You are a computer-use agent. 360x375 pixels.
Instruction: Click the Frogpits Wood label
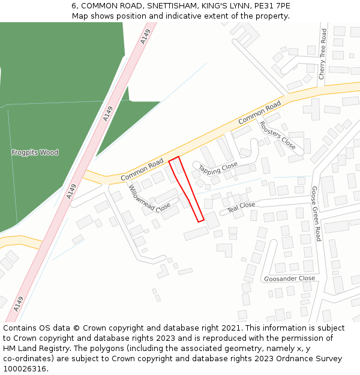pyautogui.click(x=35, y=152)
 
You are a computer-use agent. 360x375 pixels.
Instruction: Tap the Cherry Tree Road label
pyautogui.click(x=322, y=54)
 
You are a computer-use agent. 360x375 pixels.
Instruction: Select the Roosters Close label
pyautogui.click(x=277, y=136)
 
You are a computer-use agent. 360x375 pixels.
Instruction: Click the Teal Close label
pyautogui.click(x=241, y=206)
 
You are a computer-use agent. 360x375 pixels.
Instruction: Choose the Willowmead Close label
pyautogui.click(x=149, y=199)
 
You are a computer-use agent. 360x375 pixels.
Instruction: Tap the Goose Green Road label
pyautogui.click(x=315, y=213)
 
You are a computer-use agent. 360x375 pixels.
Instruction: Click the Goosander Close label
pyautogui.click(x=289, y=278)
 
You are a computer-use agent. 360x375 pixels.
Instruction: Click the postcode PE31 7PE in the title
pyautogui.click(x=273, y=5)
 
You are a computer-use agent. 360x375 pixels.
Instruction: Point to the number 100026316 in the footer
pyautogui.click(x=25, y=369)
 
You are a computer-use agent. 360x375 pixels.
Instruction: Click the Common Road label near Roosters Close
pyautogui.click(x=259, y=113)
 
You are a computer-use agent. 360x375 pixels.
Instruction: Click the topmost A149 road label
pyautogui.click(x=145, y=37)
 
